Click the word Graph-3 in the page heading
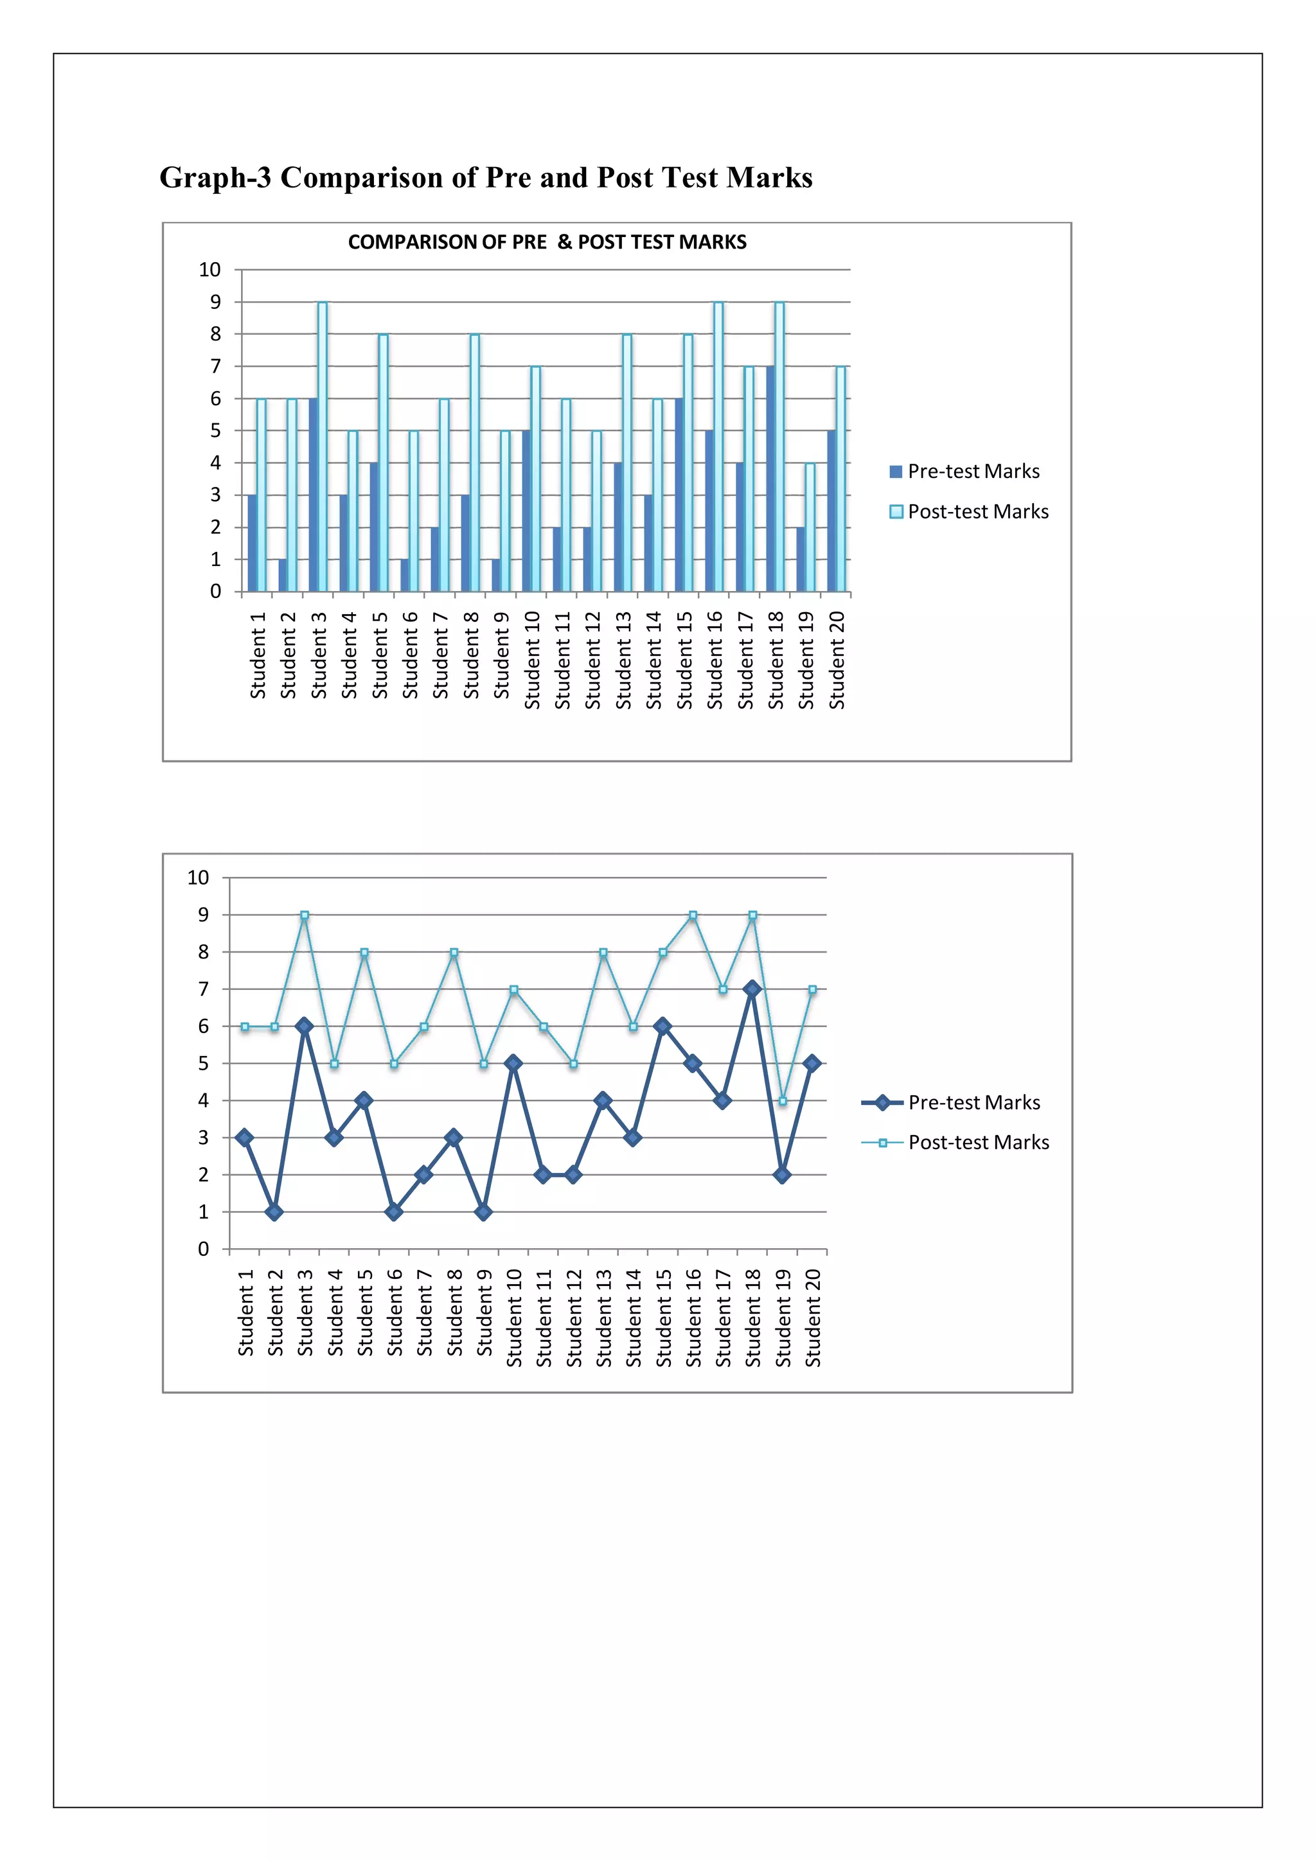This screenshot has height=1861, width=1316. click(x=215, y=177)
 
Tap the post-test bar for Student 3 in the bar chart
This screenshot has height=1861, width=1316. click(x=323, y=446)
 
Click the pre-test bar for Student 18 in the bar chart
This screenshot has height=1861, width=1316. click(x=770, y=478)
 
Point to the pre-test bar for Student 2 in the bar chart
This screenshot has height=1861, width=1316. click(x=282, y=575)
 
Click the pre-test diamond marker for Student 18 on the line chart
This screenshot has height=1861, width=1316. click(x=752, y=989)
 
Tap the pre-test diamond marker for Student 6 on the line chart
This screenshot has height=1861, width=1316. click(x=394, y=1212)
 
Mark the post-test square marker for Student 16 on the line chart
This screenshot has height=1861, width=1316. click(x=693, y=915)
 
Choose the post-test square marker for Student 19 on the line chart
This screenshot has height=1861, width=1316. click(x=783, y=1100)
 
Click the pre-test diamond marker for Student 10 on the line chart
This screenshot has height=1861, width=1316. click(x=513, y=1063)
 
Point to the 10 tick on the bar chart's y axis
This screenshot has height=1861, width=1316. click(x=209, y=270)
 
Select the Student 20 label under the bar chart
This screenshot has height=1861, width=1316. click(x=837, y=660)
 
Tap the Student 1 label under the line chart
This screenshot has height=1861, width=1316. click(x=245, y=1312)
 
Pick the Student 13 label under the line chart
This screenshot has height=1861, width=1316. click(x=604, y=1318)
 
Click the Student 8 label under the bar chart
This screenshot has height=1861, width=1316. click(x=471, y=655)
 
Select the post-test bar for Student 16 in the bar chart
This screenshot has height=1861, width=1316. click(x=718, y=446)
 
